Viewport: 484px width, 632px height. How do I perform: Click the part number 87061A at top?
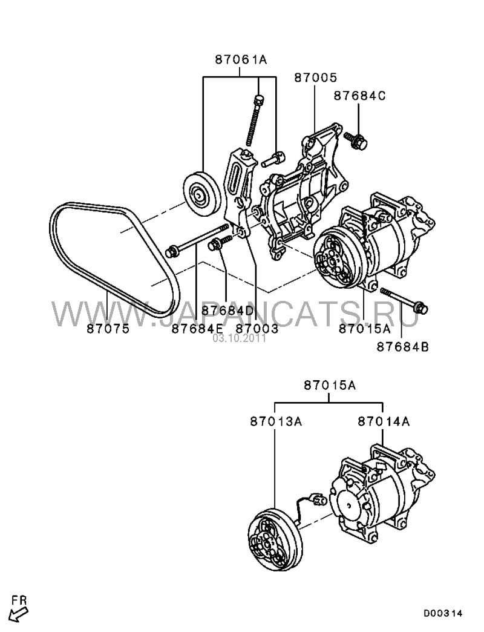tap(241, 60)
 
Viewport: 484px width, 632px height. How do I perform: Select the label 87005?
tap(315, 77)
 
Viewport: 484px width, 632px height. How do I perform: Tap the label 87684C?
tap(359, 96)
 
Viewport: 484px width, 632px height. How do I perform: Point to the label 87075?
tap(108, 329)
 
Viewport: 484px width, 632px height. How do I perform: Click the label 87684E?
tap(197, 329)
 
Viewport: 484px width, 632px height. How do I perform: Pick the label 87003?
tap(257, 329)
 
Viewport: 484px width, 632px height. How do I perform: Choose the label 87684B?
tap(403, 346)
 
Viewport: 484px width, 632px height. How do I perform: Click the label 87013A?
tap(276, 421)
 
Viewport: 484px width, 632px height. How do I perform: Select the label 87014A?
tap(384, 421)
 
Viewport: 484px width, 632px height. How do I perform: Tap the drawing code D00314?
tap(442, 614)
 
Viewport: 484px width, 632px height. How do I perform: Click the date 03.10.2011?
tap(240, 338)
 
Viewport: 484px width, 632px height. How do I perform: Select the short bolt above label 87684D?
tap(221, 242)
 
